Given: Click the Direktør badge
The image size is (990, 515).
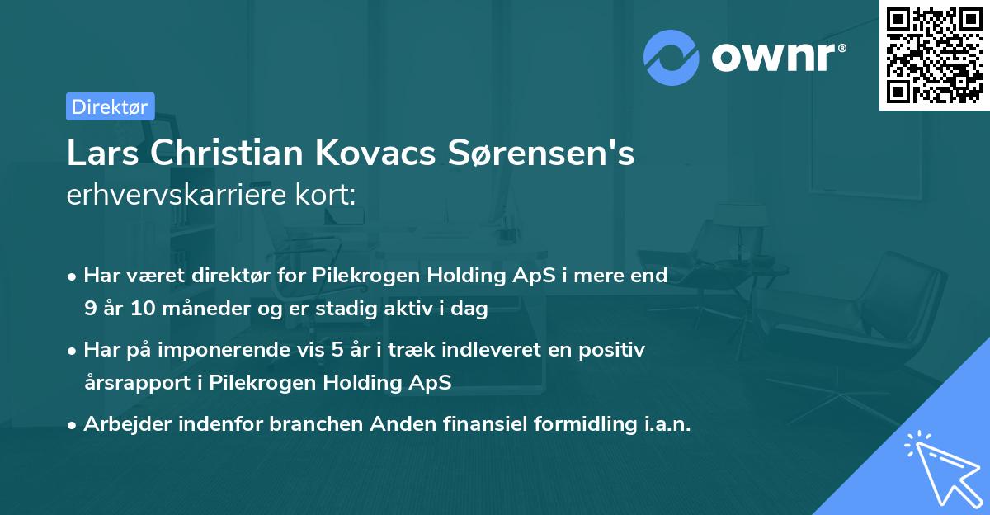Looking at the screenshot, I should [110, 106].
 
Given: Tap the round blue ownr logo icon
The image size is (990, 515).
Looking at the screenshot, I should [671, 58].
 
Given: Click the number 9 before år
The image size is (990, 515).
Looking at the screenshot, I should [89, 309].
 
